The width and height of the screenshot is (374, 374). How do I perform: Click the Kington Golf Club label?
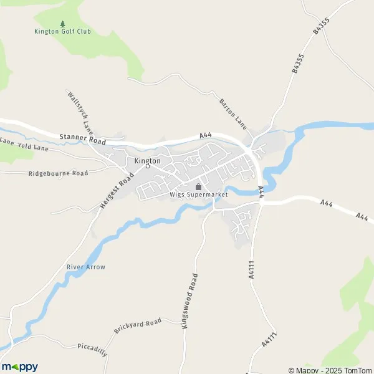62,32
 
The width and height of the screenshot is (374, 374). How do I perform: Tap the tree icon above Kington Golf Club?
62,24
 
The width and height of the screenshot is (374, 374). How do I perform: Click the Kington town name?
148,161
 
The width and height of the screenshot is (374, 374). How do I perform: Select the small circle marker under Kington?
148,167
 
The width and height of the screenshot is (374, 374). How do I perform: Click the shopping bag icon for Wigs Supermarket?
199,186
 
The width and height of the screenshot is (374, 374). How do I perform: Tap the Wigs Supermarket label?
199,194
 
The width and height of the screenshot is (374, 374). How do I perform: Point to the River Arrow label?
86,267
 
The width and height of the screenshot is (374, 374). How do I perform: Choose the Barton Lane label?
233,113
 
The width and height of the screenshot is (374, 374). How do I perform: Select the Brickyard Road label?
137,325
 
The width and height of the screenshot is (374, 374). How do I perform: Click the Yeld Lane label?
33,146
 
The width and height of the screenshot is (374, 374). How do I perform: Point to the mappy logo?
19,367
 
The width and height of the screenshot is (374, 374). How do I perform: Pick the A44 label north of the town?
206,135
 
